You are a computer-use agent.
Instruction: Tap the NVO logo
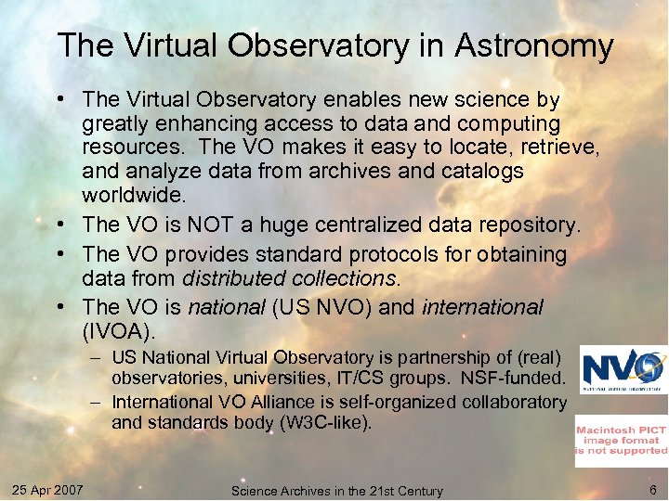[x=623, y=369]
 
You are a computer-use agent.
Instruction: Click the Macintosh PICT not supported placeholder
[x=621, y=440]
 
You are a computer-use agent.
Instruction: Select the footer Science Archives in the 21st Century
[x=336, y=490]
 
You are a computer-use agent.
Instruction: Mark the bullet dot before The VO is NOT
[x=69, y=225]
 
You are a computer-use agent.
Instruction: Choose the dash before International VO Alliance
[x=96, y=402]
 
